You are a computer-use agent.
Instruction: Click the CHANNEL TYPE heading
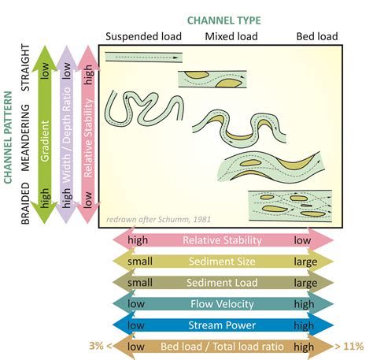click(x=224, y=20)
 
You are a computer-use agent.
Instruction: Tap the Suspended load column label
click(x=143, y=36)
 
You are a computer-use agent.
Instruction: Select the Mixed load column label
click(x=231, y=36)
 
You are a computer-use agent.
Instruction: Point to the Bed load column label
click(x=317, y=36)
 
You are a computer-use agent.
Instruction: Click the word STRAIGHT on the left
click(x=25, y=68)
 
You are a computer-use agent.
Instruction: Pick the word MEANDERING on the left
click(x=25, y=138)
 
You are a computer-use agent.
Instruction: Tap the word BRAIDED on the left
click(x=25, y=203)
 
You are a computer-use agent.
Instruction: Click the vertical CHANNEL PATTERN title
click(x=8, y=137)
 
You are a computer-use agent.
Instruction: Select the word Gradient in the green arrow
click(x=45, y=141)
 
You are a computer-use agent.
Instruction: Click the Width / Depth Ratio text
click(x=67, y=135)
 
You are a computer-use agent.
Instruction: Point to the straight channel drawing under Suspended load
click(x=144, y=58)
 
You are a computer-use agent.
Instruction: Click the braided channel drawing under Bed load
click(x=290, y=206)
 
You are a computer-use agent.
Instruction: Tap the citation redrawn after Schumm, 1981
click(x=158, y=219)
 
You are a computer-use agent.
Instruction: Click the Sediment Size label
click(x=222, y=262)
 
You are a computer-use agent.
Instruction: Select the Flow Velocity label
click(x=222, y=304)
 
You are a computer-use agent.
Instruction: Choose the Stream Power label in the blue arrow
click(x=222, y=325)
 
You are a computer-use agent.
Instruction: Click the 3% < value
click(x=101, y=346)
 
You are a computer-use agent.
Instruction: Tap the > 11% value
click(x=349, y=347)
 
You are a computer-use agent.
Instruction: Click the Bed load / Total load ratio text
click(x=222, y=347)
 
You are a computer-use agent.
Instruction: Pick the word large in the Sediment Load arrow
click(x=305, y=283)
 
